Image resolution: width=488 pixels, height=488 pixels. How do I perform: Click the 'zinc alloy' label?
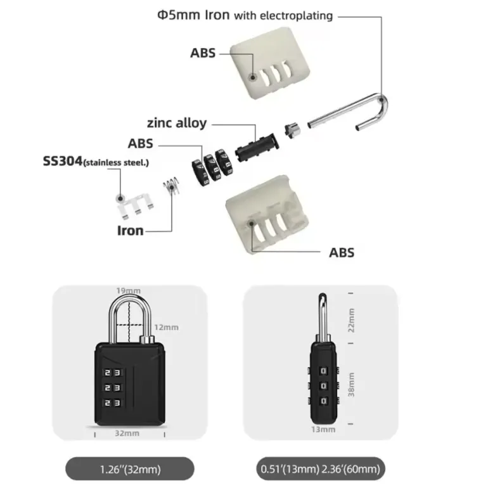pos(176,123)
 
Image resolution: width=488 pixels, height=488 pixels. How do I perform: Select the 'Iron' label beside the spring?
pos(130,231)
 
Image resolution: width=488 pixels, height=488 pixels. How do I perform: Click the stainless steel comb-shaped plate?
pos(135,202)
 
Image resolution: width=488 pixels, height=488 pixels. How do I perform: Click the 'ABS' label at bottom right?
pos(342,252)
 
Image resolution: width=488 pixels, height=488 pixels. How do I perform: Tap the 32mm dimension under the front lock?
pos(127,434)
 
